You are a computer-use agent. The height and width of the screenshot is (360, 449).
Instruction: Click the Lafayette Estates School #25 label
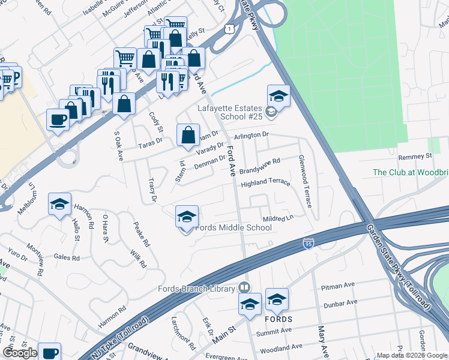coord(231,113)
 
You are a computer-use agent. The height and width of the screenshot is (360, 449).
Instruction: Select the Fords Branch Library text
coord(196,289)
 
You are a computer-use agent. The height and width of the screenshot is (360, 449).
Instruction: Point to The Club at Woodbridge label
coord(410,172)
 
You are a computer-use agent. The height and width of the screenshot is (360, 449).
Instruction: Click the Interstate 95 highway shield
coord(309,243)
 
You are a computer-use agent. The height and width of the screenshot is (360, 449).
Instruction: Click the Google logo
coord(20,353)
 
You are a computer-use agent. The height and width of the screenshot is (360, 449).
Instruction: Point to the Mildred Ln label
coord(277,219)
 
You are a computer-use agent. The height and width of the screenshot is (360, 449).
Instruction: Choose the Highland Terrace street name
coord(265,183)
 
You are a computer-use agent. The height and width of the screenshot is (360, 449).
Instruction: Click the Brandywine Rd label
coord(260,166)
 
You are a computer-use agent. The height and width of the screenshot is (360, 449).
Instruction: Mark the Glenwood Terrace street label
coord(305,182)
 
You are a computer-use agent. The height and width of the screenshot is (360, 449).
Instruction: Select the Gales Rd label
coord(66,257)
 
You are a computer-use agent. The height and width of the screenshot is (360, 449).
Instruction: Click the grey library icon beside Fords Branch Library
coord(244,288)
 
